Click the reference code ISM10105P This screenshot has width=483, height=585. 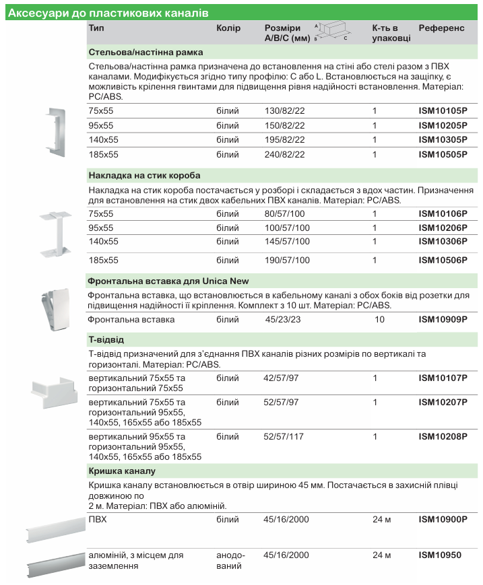point(443,111)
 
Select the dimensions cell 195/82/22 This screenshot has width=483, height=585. point(284,140)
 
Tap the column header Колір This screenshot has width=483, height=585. point(228,29)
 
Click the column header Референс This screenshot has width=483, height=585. point(441,29)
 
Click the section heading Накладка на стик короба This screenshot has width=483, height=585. point(144,175)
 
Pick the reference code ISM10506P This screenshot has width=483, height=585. point(443,260)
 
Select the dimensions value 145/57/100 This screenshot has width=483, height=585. point(287,241)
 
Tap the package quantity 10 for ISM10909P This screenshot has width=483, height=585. point(379,320)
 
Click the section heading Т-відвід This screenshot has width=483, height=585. point(106,339)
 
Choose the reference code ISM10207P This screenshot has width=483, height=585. point(443,403)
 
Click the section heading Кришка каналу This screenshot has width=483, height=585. point(122,471)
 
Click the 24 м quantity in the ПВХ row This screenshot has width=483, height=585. point(381,520)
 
